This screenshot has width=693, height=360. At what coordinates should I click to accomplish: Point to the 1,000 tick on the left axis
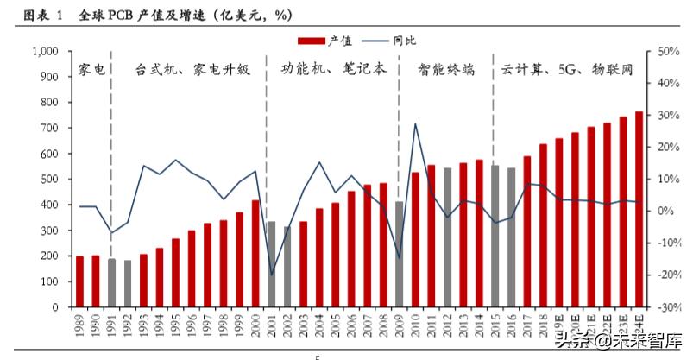42,52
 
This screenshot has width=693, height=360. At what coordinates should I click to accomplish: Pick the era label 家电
91,69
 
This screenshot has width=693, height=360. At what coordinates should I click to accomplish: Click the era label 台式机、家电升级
192,69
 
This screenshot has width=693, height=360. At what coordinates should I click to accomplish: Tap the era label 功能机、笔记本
333,69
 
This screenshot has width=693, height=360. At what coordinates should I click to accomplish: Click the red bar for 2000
255,253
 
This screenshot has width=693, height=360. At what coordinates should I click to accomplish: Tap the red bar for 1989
80,281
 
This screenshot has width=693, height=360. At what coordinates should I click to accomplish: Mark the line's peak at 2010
415,123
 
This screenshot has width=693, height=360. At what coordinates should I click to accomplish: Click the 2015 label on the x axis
495,326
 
